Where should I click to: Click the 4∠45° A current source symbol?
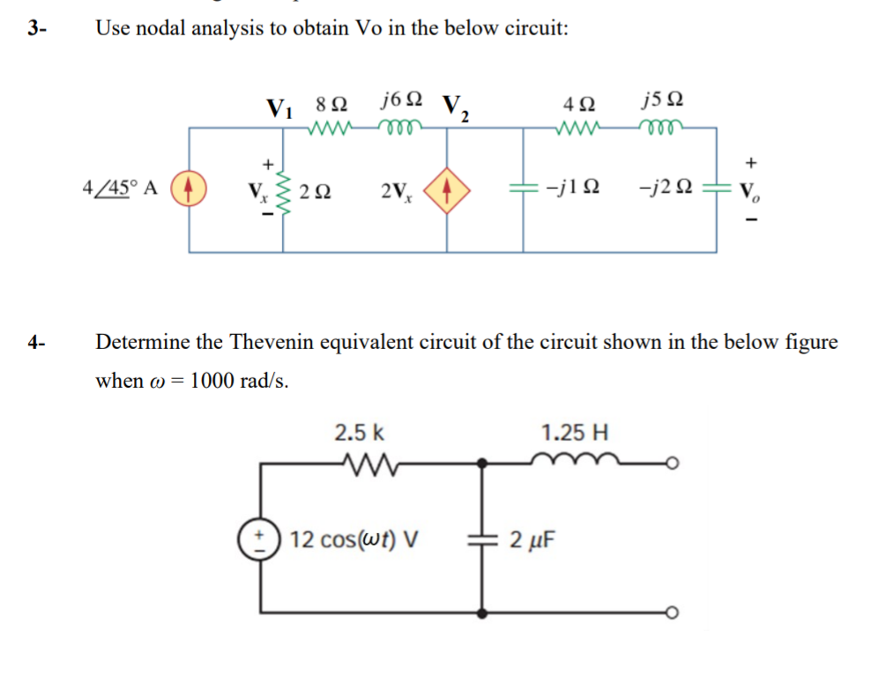tap(190, 189)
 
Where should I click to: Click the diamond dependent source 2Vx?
tap(448, 189)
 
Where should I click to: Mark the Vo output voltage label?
tap(751, 190)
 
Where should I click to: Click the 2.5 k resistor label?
tap(358, 433)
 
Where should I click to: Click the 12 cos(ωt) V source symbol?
tap(260, 539)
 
